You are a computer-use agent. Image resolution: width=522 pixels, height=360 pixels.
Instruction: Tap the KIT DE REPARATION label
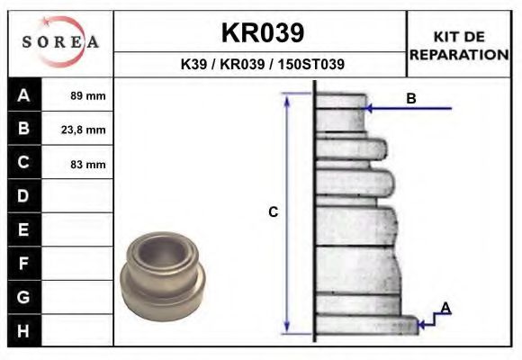pyautogui.click(x=459, y=45)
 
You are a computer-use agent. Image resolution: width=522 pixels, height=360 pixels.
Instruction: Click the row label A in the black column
pyautogui.click(x=23, y=94)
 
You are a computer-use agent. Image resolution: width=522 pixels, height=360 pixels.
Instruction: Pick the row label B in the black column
pyautogui.click(x=23, y=129)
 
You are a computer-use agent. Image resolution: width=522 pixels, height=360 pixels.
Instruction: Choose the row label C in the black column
pyautogui.click(x=23, y=163)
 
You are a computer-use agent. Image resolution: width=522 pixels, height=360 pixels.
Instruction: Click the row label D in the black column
pyautogui.click(x=23, y=196)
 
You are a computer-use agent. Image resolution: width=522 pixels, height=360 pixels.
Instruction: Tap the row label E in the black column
pyautogui.click(x=23, y=230)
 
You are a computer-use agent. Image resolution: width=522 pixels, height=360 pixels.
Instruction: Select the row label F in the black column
pyautogui.click(x=23, y=264)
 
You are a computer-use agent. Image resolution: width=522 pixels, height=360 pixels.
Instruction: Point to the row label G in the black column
pyautogui.click(x=23, y=297)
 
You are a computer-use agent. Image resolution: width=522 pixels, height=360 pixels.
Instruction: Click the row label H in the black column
pyautogui.click(x=23, y=330)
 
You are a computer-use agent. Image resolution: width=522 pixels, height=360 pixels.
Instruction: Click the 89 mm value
pyautogui.click(x=88, y=95)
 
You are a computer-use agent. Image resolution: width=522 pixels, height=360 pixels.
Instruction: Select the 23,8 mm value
pyautogui.click(x=88, y=130)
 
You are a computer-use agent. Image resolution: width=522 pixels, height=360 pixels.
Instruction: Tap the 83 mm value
pyautogui.click(x=88, y=164)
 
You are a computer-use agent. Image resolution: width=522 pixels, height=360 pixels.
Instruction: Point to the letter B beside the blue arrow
pyautogui.click(x=411, y=99)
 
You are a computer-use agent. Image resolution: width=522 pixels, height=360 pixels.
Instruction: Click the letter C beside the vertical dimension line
pyautogui.click(x=274, y=212)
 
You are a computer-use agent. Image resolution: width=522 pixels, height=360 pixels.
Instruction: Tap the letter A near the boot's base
pyautogui.click(x=445, y=309)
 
